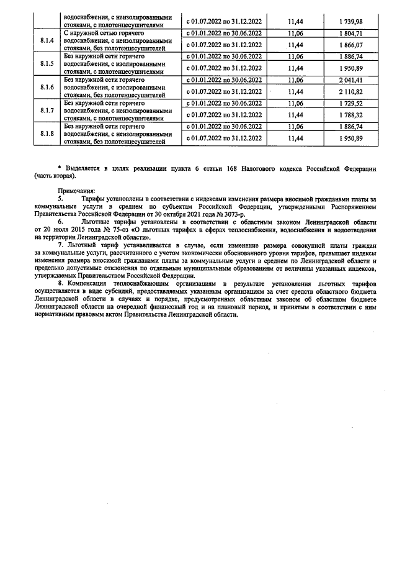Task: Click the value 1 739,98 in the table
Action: click(351, 21)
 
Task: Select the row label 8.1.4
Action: click(47, 40)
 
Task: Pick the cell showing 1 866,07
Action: click(351, 45)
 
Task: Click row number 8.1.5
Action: click(47, 63)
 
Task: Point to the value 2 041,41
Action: click(351, 80)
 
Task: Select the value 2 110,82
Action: click(351, 91)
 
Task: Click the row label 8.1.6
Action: click(47, 87)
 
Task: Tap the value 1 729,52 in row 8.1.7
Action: click(351, 103)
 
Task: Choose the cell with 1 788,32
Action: click(351, 115)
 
